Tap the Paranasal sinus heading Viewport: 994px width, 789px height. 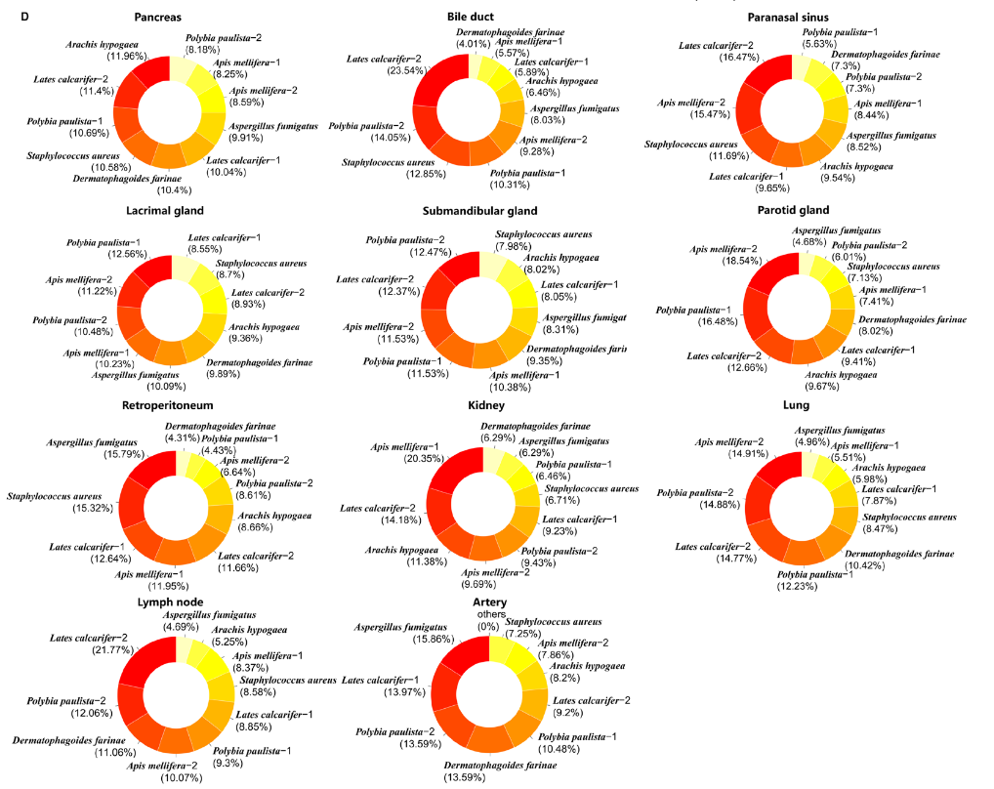(x=788, y=17)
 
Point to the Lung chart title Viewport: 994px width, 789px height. (x=797, y=404)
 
